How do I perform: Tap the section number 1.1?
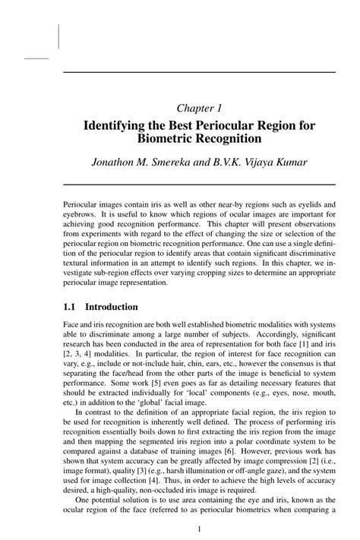pos(69,307)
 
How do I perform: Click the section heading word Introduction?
pos(112,307)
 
